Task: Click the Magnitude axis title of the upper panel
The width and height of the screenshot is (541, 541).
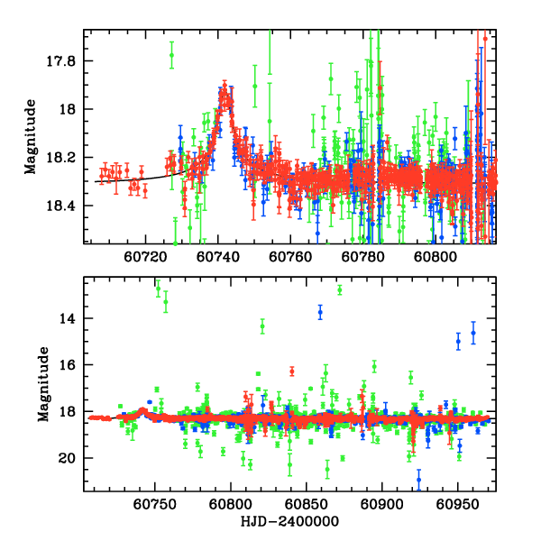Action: click(x=32, y=135)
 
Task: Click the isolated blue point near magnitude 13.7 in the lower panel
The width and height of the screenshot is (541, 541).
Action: click(x=320, y=312)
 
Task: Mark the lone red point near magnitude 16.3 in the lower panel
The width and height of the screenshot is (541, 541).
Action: click(x=291, y=371)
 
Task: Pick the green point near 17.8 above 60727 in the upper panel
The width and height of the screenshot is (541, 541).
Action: click(x=171, y=56)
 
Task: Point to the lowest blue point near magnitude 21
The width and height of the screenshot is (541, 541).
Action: click(x=418, y=480)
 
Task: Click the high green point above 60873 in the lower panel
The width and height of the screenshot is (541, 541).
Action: click(x=340, y=289)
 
